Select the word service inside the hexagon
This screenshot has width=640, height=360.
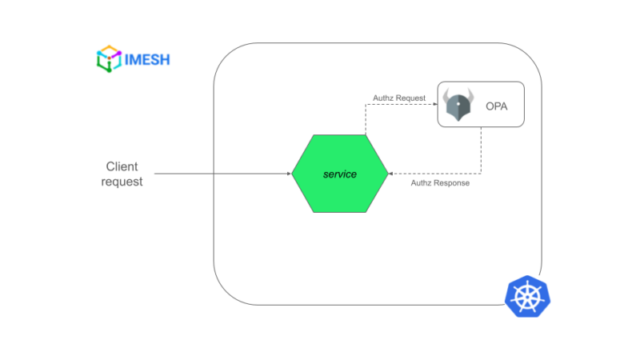[339, 174]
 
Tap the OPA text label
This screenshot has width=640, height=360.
[497, 106]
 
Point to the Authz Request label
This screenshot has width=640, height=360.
[399, 98]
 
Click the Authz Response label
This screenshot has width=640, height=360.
[440, 183]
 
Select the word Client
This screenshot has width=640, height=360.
[122, 166]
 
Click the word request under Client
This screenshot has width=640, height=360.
[122, 182]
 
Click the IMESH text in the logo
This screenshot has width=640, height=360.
[148, 59]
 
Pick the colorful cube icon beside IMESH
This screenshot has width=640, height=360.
[109, 59]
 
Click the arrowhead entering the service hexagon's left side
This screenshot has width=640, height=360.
[287, 174]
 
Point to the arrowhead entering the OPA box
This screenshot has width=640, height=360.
[434, 104]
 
